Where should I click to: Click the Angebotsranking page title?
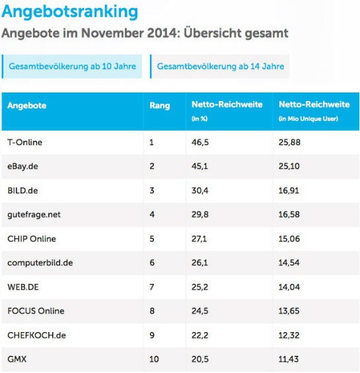(70, 12)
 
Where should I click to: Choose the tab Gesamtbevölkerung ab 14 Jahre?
(220, 67)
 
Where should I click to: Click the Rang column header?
(159, 106)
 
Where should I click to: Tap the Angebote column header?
(27, 106)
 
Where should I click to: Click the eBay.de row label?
(22, 166)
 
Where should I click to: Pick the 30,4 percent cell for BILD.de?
(199, 190)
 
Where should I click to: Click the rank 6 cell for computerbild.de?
(152, 263)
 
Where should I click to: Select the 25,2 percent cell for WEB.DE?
(199, 287)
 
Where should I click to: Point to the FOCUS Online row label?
(36, 311)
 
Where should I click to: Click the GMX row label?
(17, 359)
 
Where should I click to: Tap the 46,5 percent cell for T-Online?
(199, 142)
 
